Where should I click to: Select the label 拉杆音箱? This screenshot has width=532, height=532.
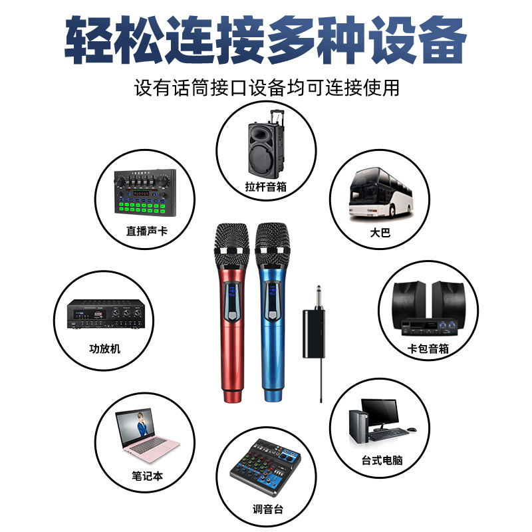[x=265, y=187]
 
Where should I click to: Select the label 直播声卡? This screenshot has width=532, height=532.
[x=144, y=232]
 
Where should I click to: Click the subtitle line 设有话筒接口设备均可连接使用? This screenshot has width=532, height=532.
[x=266, y=86]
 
